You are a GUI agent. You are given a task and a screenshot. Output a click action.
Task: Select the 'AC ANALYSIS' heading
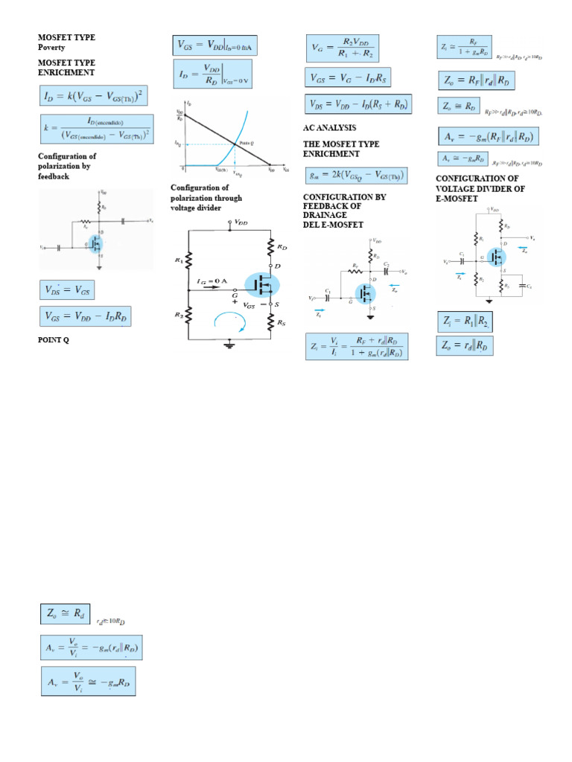(330, 127)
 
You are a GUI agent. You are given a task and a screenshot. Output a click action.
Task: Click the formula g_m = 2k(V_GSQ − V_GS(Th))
(356, 176)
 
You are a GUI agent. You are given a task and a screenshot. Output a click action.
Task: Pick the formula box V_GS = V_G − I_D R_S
(348, 77)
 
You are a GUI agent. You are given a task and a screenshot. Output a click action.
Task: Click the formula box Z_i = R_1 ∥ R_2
(464, 321)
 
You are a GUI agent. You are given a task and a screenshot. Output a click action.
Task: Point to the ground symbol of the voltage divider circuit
(230, 345)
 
